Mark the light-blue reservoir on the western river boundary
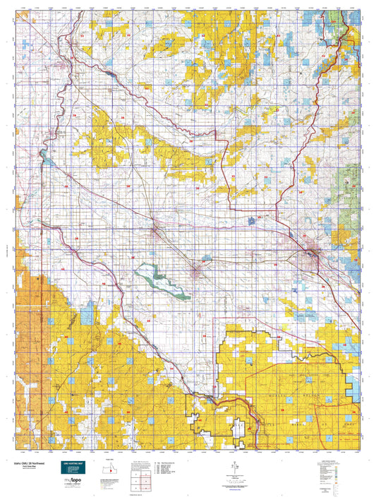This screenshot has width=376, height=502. (44, 157)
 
